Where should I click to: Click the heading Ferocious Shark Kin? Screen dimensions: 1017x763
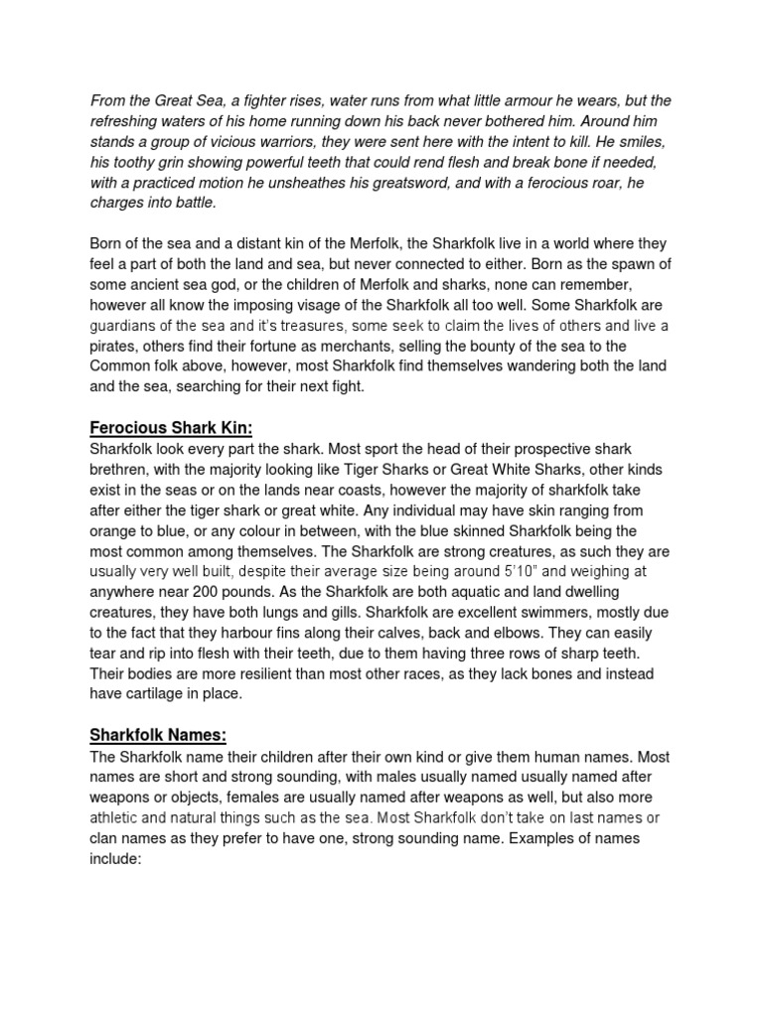(172, 428)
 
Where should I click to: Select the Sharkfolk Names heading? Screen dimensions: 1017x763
(159, 735)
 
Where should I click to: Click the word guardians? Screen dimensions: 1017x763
(128, 325)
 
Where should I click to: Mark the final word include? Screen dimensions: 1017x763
(118, 858)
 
